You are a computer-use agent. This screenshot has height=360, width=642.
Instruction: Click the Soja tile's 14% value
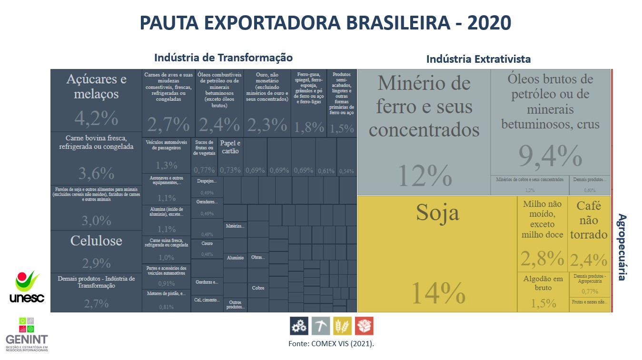tap(437, 293)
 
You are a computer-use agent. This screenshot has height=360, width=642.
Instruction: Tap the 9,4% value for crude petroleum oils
tap(550, 156)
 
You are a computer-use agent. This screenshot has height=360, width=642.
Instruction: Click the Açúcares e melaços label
tap(96, 86)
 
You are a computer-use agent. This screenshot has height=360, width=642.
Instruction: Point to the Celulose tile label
tap(96, 241)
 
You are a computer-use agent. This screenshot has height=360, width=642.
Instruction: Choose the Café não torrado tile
tap(589, 233)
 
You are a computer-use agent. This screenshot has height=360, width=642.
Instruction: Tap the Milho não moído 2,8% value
tap(542, 258)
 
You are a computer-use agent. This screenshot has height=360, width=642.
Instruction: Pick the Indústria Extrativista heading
tap(478, 59)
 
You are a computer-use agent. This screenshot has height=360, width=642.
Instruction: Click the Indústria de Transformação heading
tap(223, 58)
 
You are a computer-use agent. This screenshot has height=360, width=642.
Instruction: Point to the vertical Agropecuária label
tap(622, 247)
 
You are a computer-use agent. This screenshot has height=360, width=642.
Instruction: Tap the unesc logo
tap(27, 287)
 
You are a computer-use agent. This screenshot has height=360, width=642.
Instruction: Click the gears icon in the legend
tap(299, 326)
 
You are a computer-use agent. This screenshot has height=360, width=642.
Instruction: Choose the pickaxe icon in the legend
tap(321, 326)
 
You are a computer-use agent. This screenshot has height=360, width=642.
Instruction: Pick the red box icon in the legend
tap(364, 326)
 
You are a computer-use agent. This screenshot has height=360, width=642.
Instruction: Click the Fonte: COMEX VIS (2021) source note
tap(331, 343)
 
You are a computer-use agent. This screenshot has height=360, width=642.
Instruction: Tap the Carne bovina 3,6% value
tap(96, 174)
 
